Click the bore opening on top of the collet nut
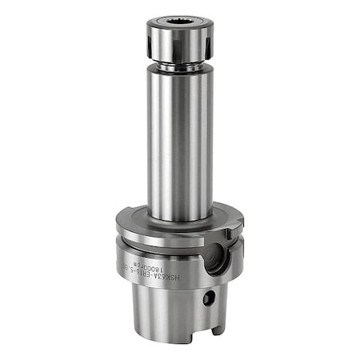pos(179,22)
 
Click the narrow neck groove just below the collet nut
pos(179,67)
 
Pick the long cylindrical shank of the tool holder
pos(179,144)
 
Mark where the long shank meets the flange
pos(179,219)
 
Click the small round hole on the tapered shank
pos(209,298)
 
